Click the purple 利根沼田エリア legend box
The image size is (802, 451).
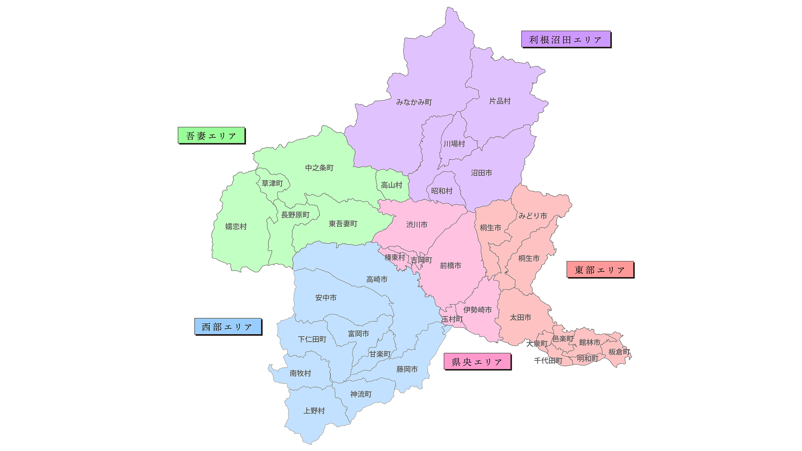(x=566, y=39)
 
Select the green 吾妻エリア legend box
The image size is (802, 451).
(x=211, y=135)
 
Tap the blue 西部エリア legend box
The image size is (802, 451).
(x=228, y=327)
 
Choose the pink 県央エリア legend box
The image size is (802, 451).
(x=477, y=362)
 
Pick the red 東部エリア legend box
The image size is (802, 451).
(x=600, y=270)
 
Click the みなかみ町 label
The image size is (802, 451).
(x=414, y=102)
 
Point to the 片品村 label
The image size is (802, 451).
(x=500, y=101)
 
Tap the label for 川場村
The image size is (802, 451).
(x=454, y=144)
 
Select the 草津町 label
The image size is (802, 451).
(x=272, y=183)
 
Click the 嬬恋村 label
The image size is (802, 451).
(x=236, y=226)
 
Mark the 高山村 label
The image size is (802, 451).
(x=391, y=185)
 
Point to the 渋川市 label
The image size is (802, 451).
(x=417, y=225)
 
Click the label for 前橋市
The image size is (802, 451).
(x=450, y=266)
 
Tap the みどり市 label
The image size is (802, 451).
(x=533, y=216)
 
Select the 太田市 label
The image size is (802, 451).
(x=520, y=318)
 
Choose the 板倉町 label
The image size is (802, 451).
(x=619, y=352)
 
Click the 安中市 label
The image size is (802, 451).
(x=326, y=298)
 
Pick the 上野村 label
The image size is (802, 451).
(x=314, y=411)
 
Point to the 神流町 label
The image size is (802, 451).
(x=361, y=394)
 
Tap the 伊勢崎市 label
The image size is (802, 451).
(x=477, y=310)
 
